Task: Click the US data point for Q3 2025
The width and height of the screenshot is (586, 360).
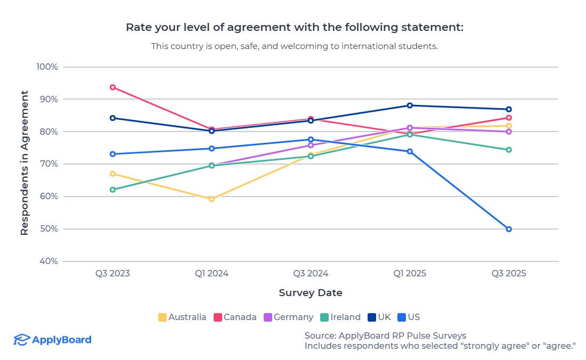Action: (x=509, y=229)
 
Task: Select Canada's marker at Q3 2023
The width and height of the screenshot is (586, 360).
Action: (x=113, y=87)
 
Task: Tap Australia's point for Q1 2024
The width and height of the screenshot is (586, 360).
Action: (x=211, y=199)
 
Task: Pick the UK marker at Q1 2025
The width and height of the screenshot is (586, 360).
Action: (x=410, y=105)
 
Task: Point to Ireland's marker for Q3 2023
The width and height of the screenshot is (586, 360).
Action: (x=113, y=190)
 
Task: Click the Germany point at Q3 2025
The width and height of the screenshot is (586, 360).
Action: (x=509, y=132)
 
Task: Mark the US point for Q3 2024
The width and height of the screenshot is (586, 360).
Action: (x=311, y=140)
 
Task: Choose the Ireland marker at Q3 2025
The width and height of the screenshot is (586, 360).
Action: (x=509, y=150)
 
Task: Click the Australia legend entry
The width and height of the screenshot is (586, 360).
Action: (x=182, y=317)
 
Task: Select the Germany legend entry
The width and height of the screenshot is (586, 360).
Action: (x=288, y=317)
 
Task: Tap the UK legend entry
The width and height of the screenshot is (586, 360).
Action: (x=379, y=317)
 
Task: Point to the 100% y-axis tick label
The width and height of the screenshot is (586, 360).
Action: (x=47, y=67)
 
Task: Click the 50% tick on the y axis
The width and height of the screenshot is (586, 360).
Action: (x=48, y=229)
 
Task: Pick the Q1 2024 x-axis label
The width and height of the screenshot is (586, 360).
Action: (x=211, y=274)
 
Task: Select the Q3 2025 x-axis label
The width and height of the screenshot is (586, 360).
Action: (x=509, y=274)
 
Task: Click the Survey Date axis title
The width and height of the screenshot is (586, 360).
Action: (x=311, y=293)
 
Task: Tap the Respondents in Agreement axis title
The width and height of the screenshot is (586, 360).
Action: (x=25, y=163)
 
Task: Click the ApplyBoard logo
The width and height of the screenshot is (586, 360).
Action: (x=52, y=340)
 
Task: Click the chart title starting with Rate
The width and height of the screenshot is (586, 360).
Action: (x=295, y=27)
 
